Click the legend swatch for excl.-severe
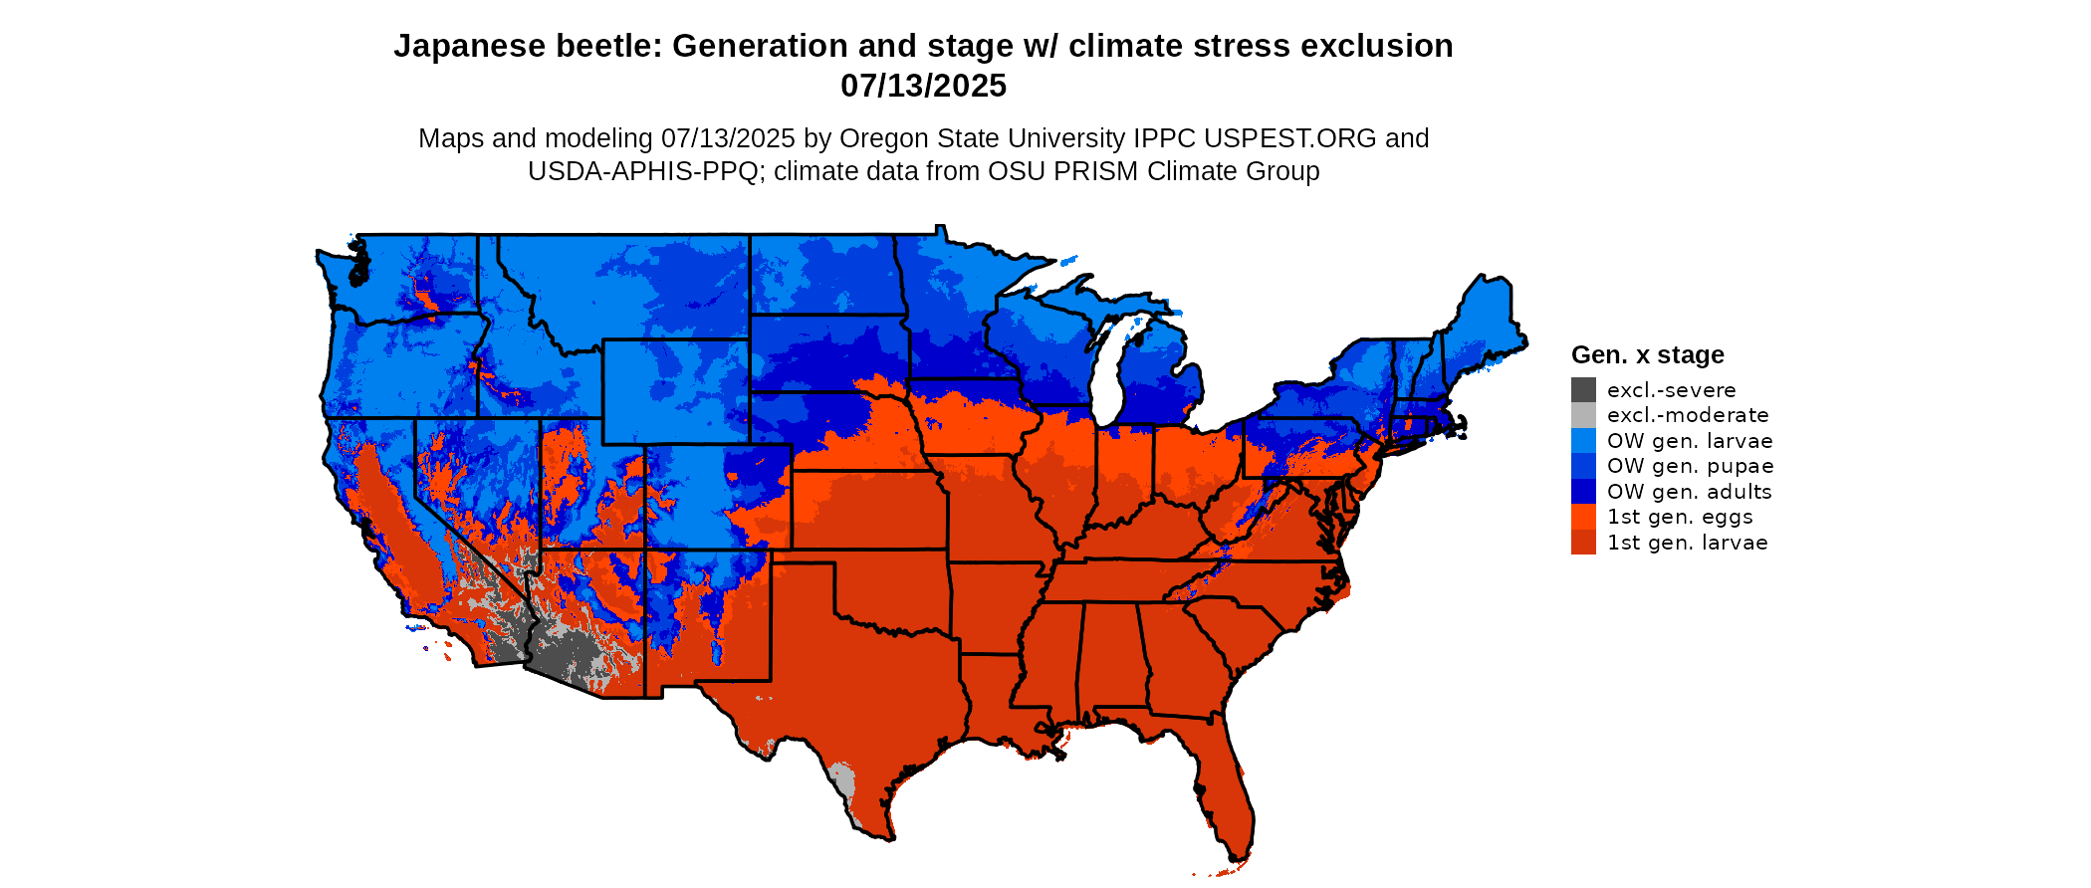(x=1583, y=390)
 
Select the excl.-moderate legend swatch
(x=1583, y=415)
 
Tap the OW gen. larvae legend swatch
(x=1583, y=441)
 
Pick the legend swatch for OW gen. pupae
(x=1583, y=466)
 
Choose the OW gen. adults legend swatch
(x=1583, y=492)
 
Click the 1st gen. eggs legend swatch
(x=1583, y=517)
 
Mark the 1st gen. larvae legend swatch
(x=1583, y=543)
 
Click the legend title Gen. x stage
(x=1647, y=355)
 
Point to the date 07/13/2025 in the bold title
(x=923, y=87)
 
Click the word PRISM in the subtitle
(x=1094, y=171)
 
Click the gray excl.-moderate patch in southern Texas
(x=842, y=778)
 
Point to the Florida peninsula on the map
(x=1223, y=786)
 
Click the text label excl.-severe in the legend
(x=1671, y=390)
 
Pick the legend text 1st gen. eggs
(x=1680, y=517)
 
